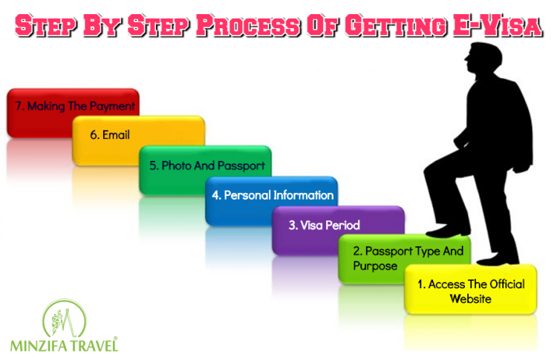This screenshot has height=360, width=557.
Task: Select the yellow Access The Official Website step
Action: [x=471, y=289]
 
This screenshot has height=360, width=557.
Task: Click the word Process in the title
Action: [x=248, y=25]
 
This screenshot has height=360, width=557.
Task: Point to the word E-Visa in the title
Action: [x=498, y=25]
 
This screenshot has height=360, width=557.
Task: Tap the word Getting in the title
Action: [x=396, y=26]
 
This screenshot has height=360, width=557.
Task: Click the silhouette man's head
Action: [x=483, y=58]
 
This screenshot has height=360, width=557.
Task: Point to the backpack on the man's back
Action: [x=518, y=124]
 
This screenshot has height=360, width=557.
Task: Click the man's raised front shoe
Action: [x=448, y=232]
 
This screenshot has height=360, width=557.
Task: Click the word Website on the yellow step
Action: [x=471, y=299]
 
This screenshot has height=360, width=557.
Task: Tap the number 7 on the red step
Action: [x=19, y=106]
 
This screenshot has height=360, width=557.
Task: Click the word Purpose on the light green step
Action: [x=375, y=266]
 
